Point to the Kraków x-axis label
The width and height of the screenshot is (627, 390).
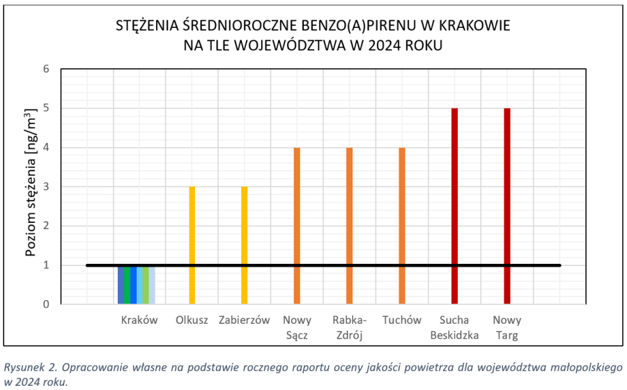click(x=139, y=320)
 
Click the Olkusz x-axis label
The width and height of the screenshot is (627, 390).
click(x=192, y=320)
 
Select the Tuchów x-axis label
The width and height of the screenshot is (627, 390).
click(x=402, y=320)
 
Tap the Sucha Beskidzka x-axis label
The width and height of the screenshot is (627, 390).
click(x=454, y=327)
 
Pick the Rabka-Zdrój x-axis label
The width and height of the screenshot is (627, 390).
click(x=350, y=327)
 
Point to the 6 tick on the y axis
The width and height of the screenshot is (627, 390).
click(x=47, y=69)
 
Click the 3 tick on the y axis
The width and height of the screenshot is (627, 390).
click(x=47, y=187)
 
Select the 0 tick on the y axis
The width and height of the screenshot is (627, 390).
click(x=47, y=304)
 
